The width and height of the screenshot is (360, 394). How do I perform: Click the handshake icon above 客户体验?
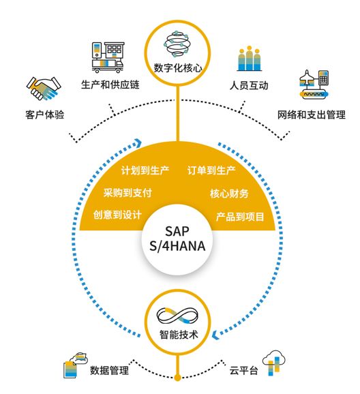(44, 89)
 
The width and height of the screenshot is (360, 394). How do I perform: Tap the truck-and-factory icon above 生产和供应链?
(108, 57)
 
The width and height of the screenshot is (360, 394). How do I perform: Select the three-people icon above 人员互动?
(249, 59)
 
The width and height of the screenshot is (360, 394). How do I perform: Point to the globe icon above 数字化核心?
(177, 45)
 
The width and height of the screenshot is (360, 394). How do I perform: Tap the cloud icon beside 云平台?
(274, 363)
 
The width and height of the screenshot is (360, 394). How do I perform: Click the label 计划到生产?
(145, 170)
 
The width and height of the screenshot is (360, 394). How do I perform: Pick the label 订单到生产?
(211, 170)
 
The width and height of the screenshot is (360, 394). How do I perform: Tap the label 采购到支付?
(127, 193)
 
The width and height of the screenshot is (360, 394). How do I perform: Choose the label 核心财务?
(229, 194)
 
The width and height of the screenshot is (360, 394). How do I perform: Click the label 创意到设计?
(117, 215)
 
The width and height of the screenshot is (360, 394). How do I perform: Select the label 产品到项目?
(240, 216)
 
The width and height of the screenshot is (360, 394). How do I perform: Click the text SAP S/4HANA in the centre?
(177, 239)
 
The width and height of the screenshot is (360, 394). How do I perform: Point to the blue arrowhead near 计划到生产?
(138, 142)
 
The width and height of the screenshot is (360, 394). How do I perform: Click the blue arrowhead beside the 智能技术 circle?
(215, 335)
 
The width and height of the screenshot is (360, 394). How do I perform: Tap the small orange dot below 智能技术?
(177, 378)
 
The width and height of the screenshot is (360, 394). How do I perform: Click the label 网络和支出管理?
(311, 115)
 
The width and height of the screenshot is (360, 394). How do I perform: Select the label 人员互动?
(249, 86)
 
